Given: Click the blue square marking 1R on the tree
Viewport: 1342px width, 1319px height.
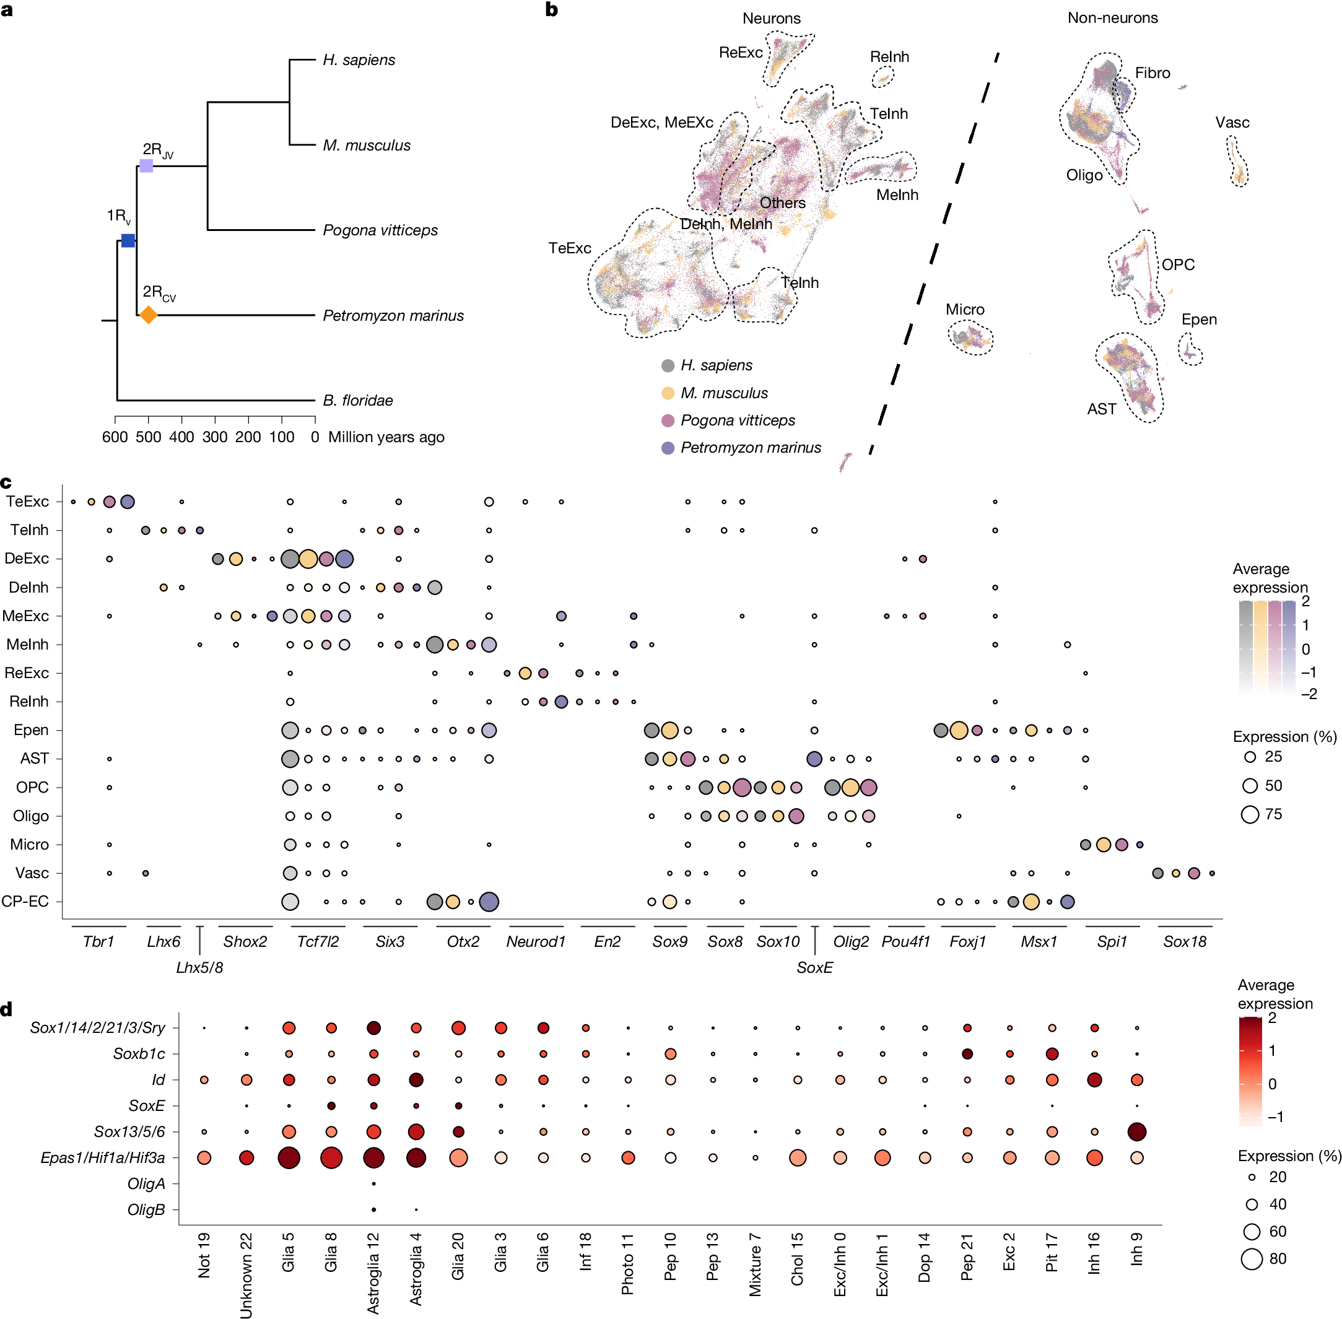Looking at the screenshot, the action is coord(128,240).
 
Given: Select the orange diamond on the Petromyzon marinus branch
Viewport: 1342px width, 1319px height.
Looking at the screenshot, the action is coord(148,315).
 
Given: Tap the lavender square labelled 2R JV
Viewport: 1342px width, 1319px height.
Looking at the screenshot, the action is coord(146,165).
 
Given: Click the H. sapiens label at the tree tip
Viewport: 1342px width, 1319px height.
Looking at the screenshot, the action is coord(359,60).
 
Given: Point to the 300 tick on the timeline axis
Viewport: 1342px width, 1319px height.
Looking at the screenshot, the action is coord(215,437).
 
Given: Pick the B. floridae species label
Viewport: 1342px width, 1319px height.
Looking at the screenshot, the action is coord(357,401).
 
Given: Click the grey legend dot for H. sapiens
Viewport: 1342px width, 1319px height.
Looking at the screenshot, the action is coord(668,366).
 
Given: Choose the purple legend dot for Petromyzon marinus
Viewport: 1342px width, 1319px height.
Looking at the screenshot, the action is coord(668,448).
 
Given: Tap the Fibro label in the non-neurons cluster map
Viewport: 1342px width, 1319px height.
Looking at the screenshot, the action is coord(1152,72).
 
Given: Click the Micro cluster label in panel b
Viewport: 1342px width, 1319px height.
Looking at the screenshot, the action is coord(964,310).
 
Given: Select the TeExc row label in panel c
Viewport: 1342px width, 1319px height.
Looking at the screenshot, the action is coord(27,502).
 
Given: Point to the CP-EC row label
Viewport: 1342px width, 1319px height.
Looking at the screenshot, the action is coord(25,901).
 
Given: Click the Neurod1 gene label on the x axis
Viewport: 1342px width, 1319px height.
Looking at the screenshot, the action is coord(536,941).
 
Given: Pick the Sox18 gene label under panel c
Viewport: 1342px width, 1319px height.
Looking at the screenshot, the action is coord(1185,941).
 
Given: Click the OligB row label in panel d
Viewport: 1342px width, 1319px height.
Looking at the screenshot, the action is coord(146,1209).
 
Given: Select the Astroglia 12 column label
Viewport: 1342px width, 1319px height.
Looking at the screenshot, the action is coord(373,1273).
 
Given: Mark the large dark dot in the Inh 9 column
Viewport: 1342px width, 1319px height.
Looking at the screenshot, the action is coord(1137,1132).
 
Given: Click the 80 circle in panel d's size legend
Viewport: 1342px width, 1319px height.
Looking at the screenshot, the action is coord(1251,1259).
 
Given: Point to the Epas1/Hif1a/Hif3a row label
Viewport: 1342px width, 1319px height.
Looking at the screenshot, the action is coord(103,1157).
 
